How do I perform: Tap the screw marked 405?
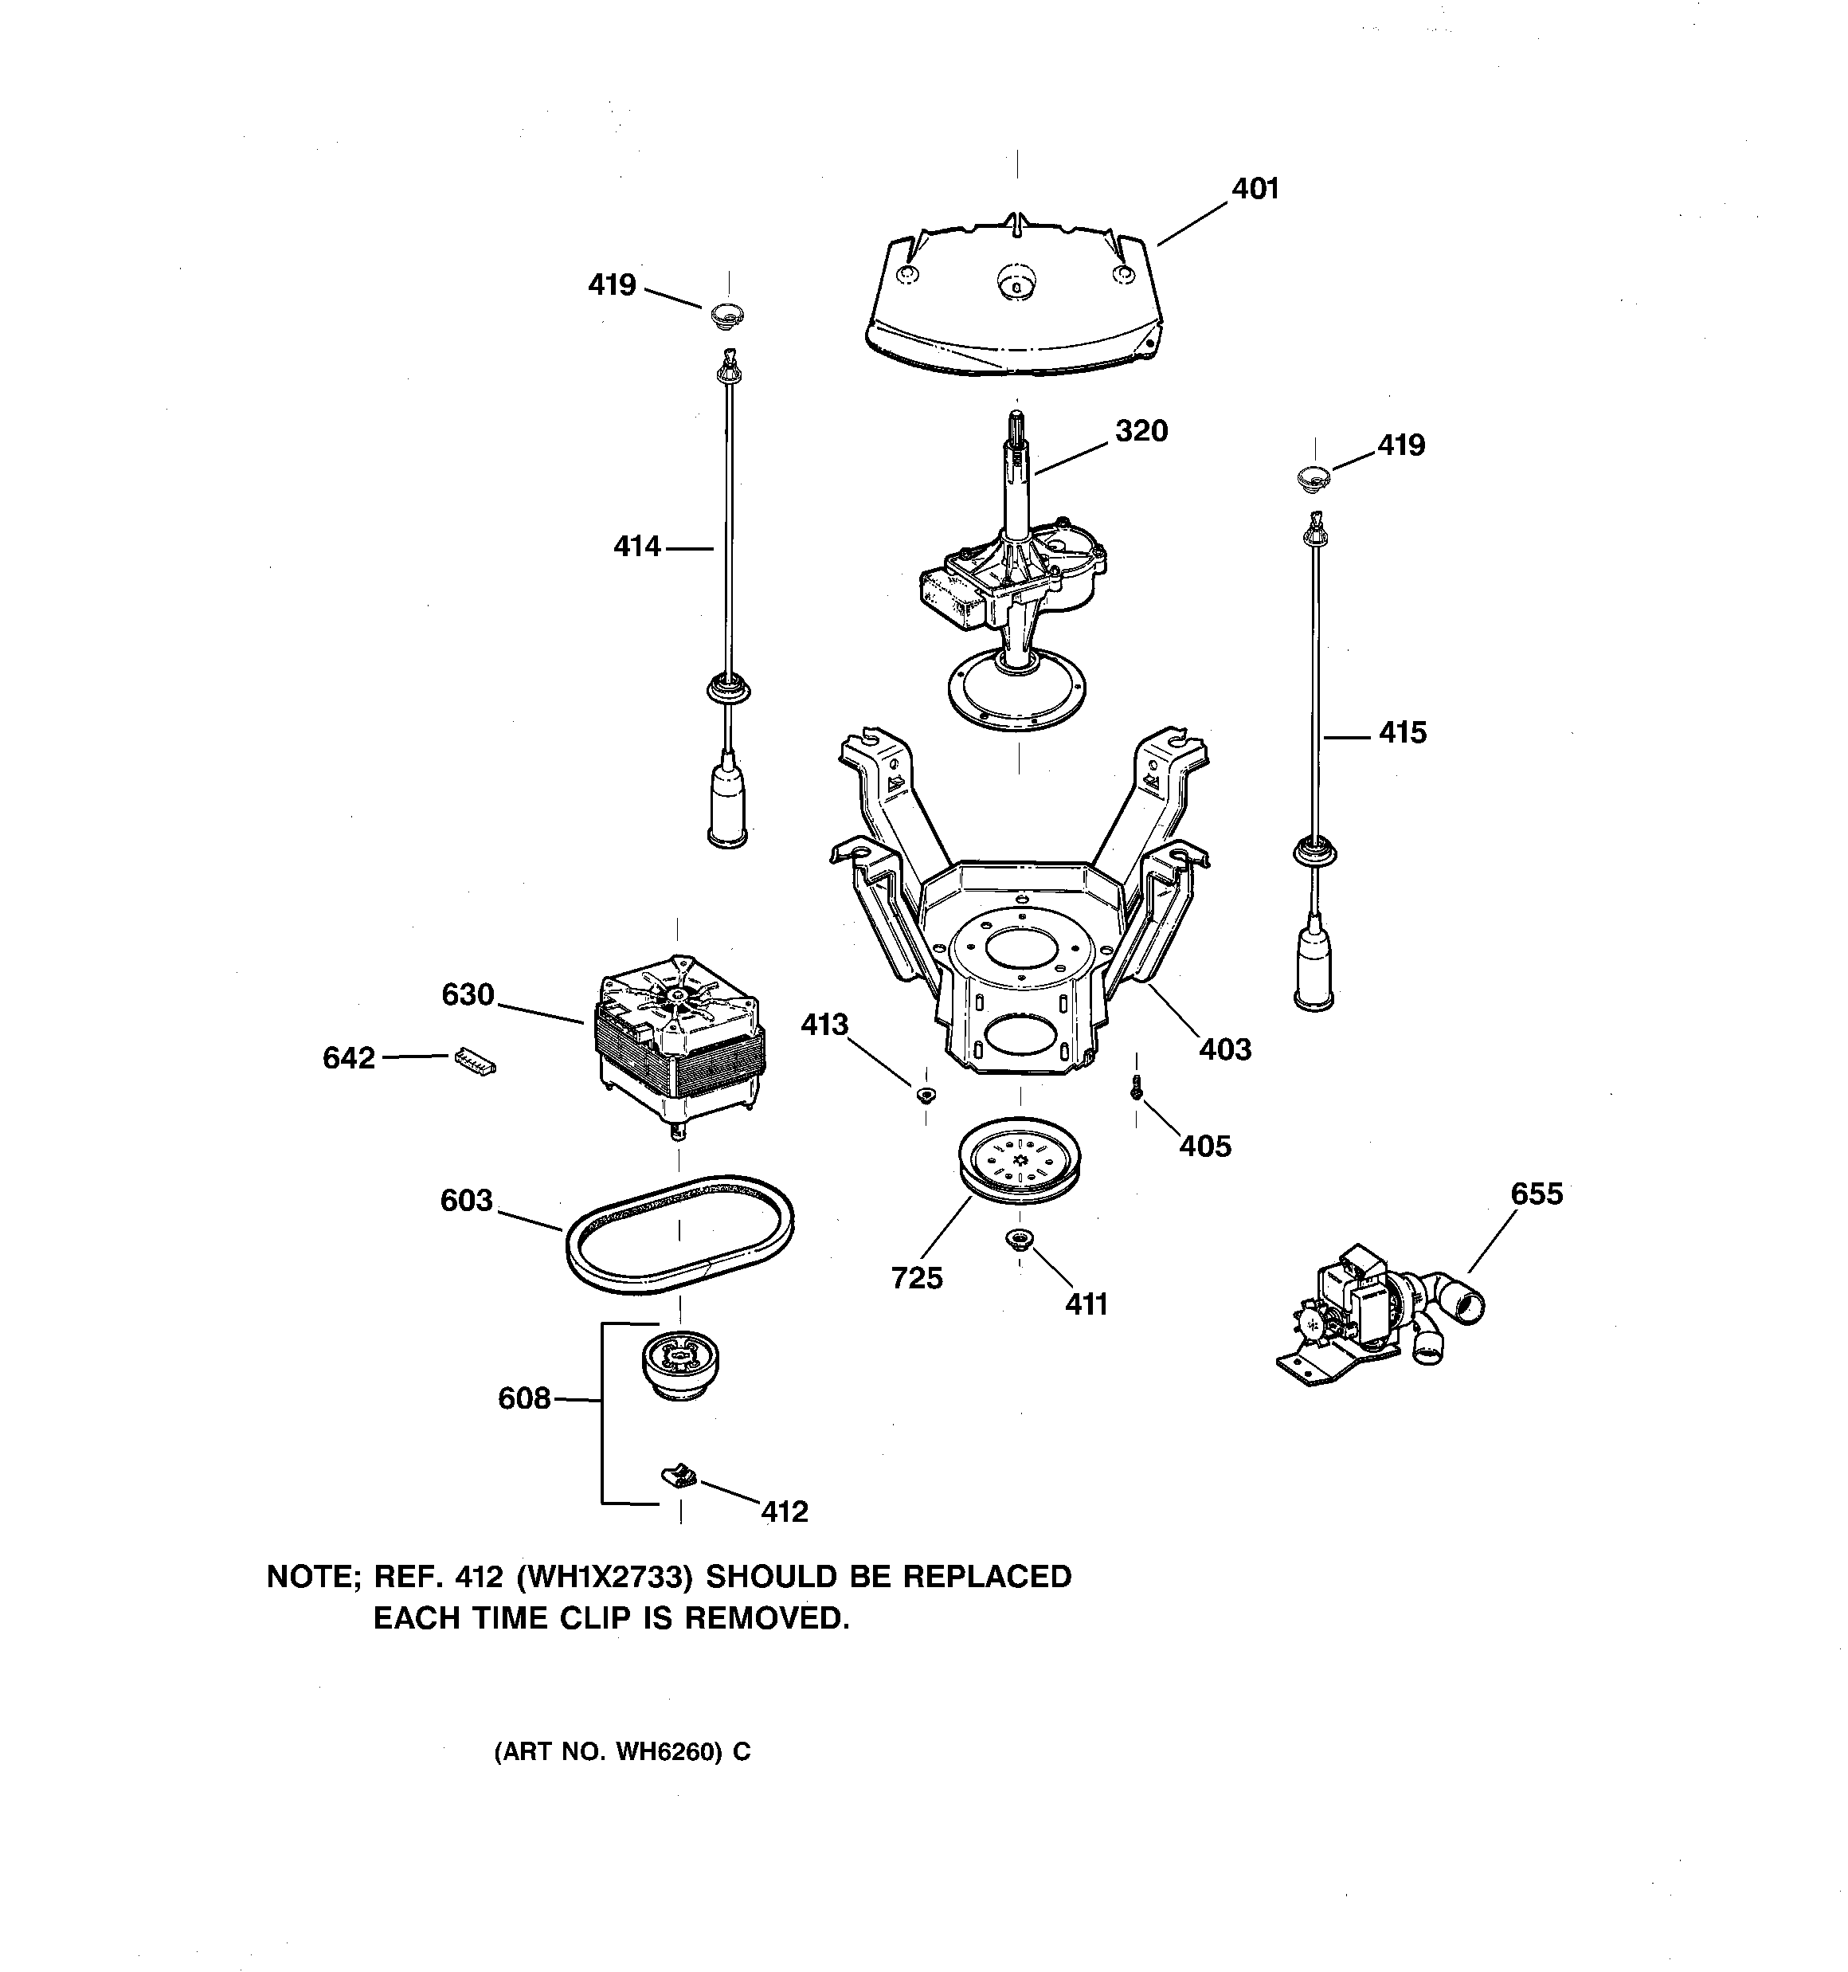(x=1136, y=1090)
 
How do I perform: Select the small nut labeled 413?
(x=926, y=1095)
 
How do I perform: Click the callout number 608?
(x=524, y=1398)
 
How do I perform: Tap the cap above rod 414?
(x=728, y=316)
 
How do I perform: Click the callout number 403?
(x=1225, y=1049)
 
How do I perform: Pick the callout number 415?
(x=1402, y=733)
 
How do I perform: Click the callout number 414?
(x=636, y=546)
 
